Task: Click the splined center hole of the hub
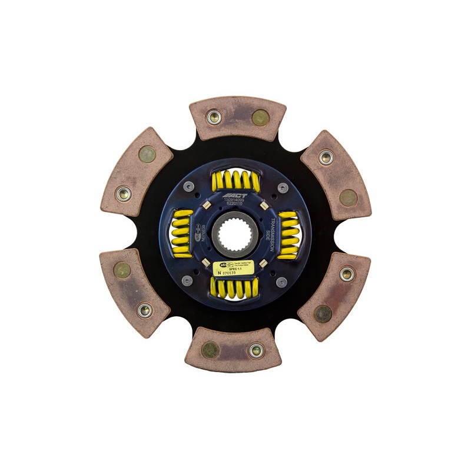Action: point(234,234)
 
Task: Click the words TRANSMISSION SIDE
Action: point(272,235)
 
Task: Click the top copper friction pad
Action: point(237,118)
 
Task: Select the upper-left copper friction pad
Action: point(137,173)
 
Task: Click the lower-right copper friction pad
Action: point(334,294)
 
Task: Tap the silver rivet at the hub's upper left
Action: point(188,187)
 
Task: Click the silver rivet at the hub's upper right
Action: point(283,188)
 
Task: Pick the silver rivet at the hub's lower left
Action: point(187,281)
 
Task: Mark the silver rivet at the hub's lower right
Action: point(281,282)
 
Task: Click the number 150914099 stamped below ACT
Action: point(234,201)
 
